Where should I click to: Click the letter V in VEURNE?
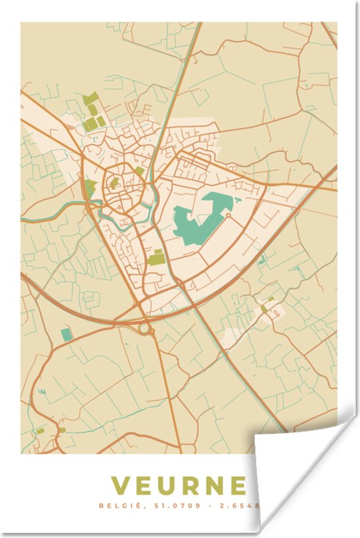click(x=120, y=486)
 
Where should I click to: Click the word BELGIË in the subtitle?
click(x=117, y=506)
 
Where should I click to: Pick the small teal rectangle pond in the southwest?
click(x=66, y=334)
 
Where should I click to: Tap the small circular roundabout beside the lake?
click(x=228, y=215)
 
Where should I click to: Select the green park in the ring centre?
click(x=115, y=184)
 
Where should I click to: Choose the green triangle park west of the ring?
click(x=89, y=188)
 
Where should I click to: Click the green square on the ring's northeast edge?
click(x=139, y=171)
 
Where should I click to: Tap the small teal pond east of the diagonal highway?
click(x=262, y=260)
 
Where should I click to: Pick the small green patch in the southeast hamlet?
click(x=264, y=308)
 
